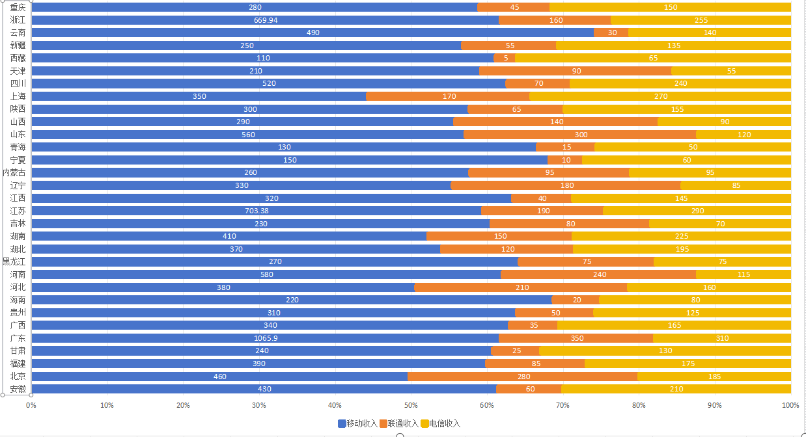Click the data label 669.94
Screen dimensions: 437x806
(266, 20)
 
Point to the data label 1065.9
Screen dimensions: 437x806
(266, 338)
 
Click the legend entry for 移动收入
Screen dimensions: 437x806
(357, 423)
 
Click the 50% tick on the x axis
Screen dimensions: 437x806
(411, 405)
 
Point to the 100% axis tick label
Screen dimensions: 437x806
(790, 405)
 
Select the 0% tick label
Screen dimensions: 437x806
(31, 405)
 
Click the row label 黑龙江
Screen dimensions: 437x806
(14, 261)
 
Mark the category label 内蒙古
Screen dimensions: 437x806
(14, 172)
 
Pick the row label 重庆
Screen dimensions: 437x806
(18, 7)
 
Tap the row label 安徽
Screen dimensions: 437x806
(18, 389)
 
